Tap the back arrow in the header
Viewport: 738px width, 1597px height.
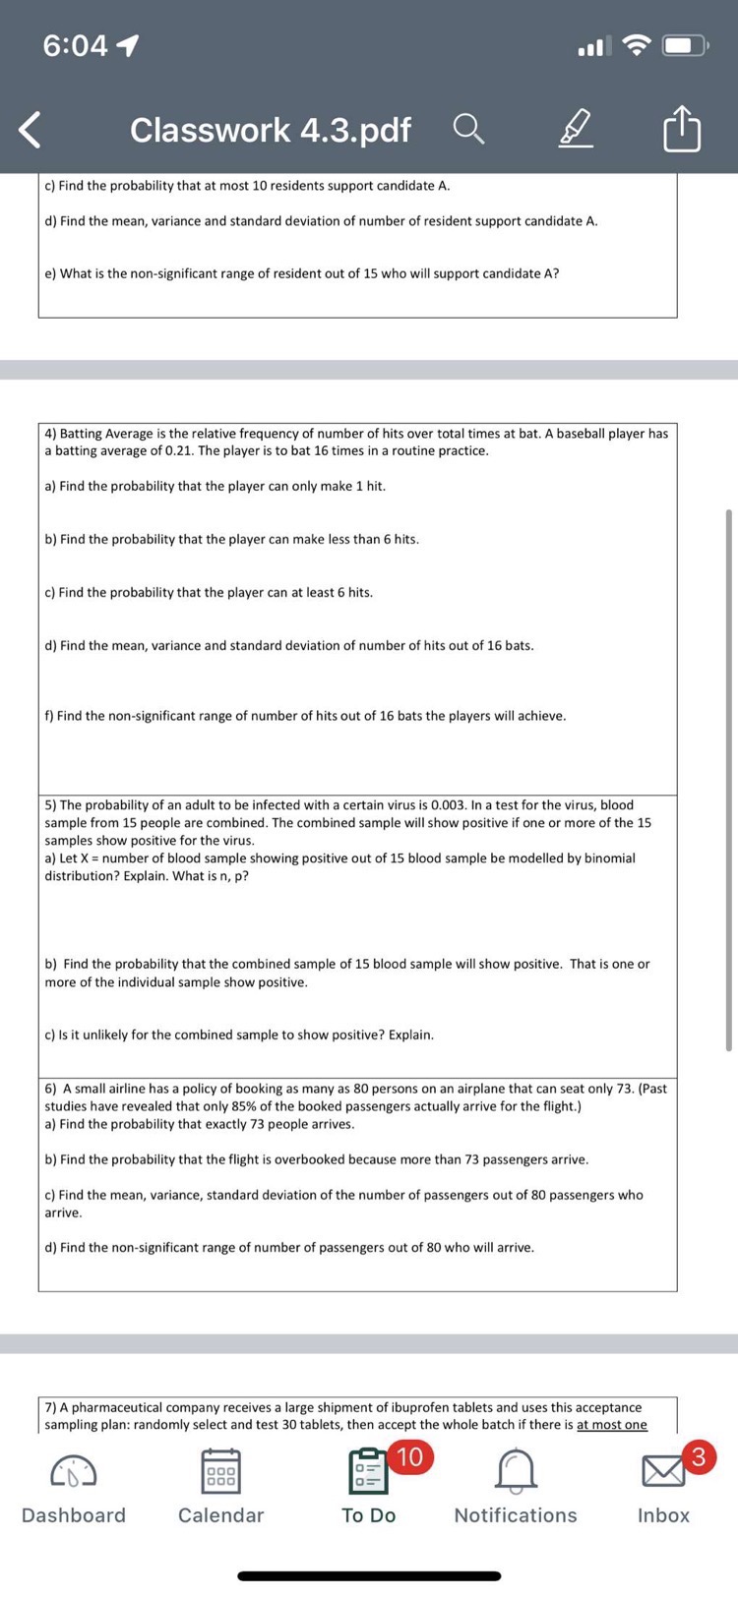coord(31,130)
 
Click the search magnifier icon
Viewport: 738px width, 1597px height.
coord(468,129)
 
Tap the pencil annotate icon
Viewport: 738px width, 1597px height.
coord(577,129)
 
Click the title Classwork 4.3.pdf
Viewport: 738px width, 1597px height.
coord(271,130)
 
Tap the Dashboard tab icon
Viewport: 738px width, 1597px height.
coord(74,1472)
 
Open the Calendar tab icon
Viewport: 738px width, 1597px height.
coord(220,1472)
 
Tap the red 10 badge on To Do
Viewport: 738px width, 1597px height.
coord(408,1456)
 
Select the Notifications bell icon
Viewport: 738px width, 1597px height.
coord(516,1472)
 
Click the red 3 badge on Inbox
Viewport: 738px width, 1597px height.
coord(698,1456)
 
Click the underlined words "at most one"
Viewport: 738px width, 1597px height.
coord(612,1425)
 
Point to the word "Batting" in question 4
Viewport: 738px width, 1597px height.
coord(82,434)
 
